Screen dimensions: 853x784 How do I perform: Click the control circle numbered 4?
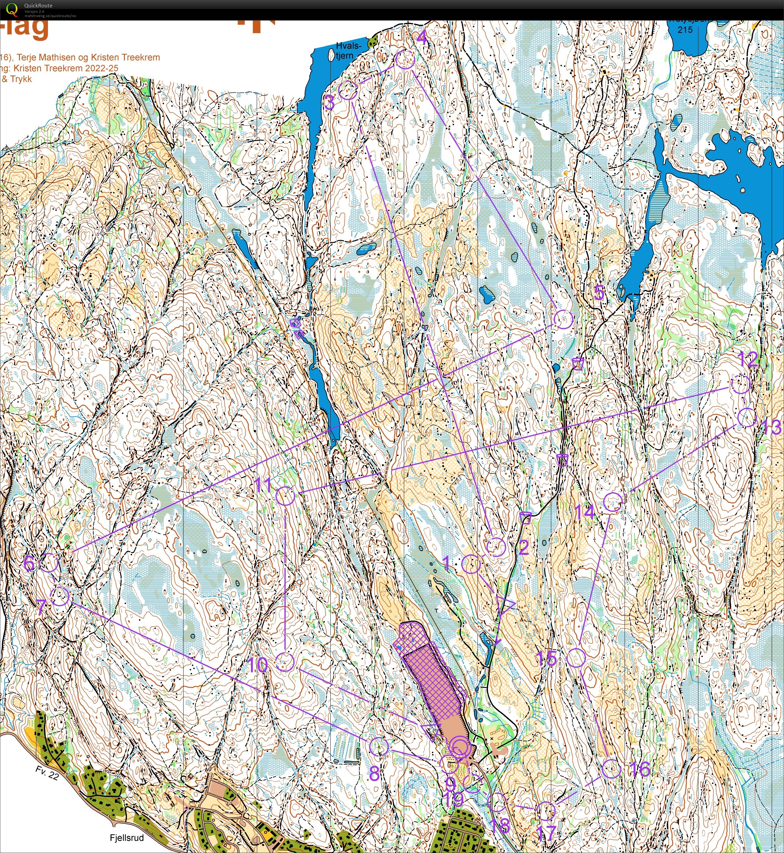tap(405, 59)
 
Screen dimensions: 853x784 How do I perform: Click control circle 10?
tap(285, 662)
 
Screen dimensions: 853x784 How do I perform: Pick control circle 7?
tap(60, 596)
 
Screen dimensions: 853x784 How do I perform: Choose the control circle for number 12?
tap(741, 384)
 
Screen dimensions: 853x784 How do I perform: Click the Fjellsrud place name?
tap(127, 838)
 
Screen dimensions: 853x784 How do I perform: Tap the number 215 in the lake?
tap(685, 30)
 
